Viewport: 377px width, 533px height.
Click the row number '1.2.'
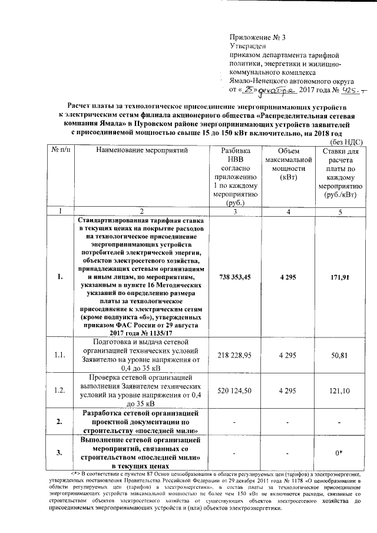click(58, 390)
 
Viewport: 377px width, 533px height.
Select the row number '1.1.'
click(58, 355)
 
